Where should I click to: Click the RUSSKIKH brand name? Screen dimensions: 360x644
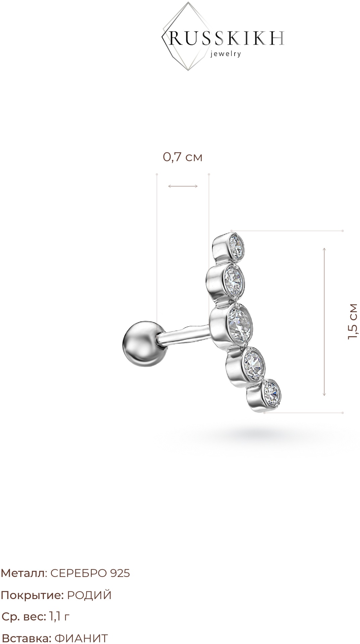coord(227,39)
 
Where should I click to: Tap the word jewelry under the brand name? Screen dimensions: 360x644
coord(225,54)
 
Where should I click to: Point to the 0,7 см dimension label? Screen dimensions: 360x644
coord(183,157)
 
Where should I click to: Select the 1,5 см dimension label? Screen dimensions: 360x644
coord(353,322)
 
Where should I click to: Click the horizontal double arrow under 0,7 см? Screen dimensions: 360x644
coord(183,186)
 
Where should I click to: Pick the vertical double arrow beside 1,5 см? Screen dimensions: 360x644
coord(324,321)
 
